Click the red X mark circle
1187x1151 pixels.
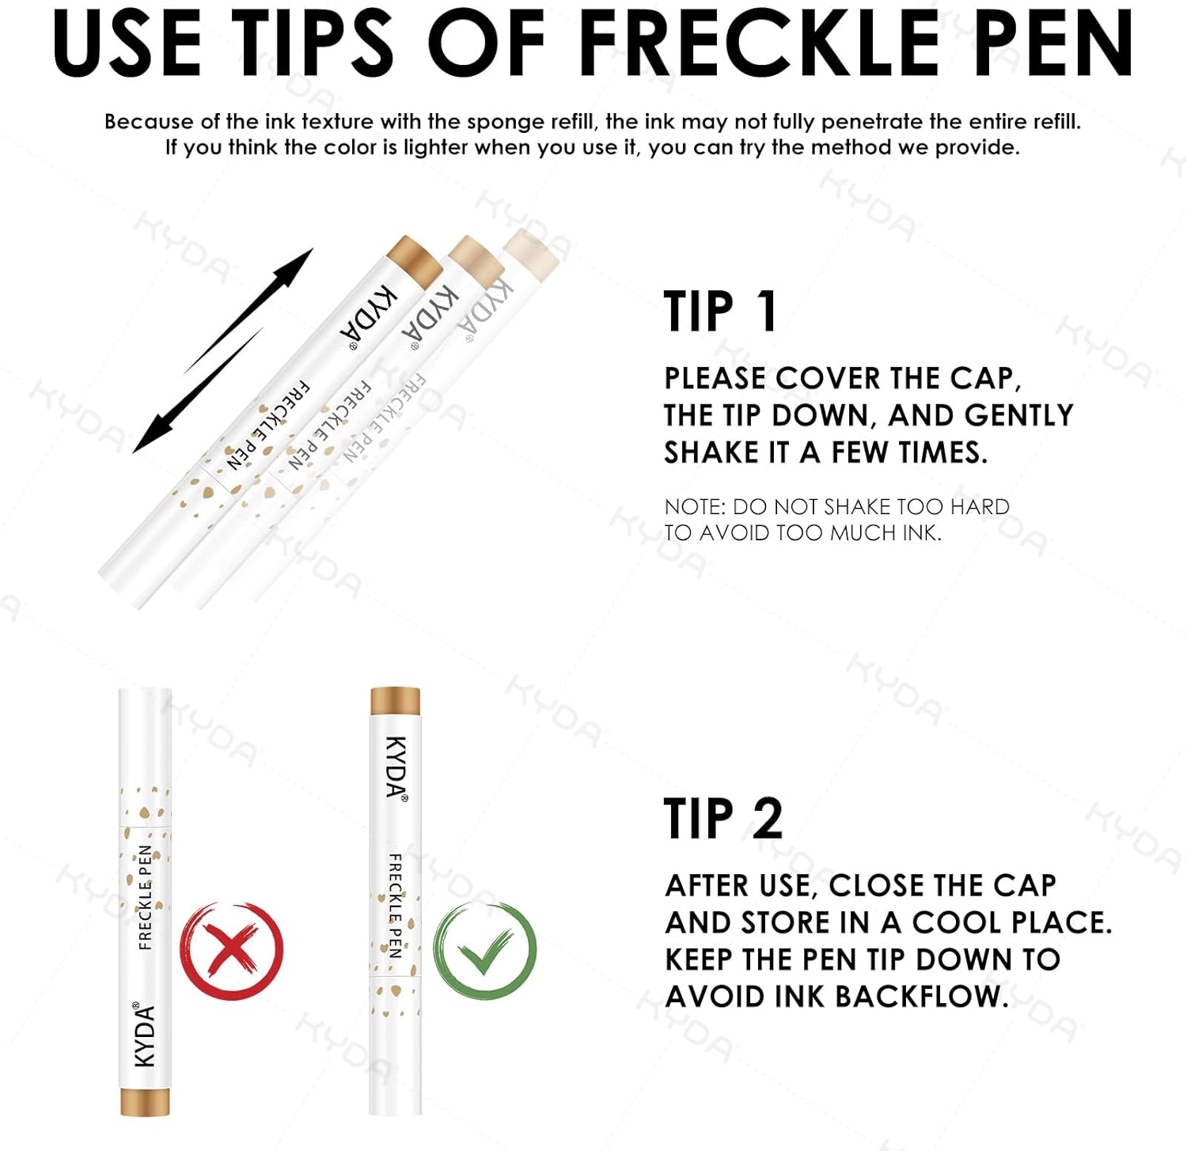[231, 948]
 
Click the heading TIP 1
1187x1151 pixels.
[720, 311]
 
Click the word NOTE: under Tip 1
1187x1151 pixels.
[695, 507]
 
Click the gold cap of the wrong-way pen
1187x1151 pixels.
[145, 1101]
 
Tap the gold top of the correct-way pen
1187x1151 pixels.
[395, 700]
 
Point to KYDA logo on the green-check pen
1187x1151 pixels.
[396, 767]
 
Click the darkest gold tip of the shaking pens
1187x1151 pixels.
[413, 259]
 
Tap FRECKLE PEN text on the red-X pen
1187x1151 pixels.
[145, 897]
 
